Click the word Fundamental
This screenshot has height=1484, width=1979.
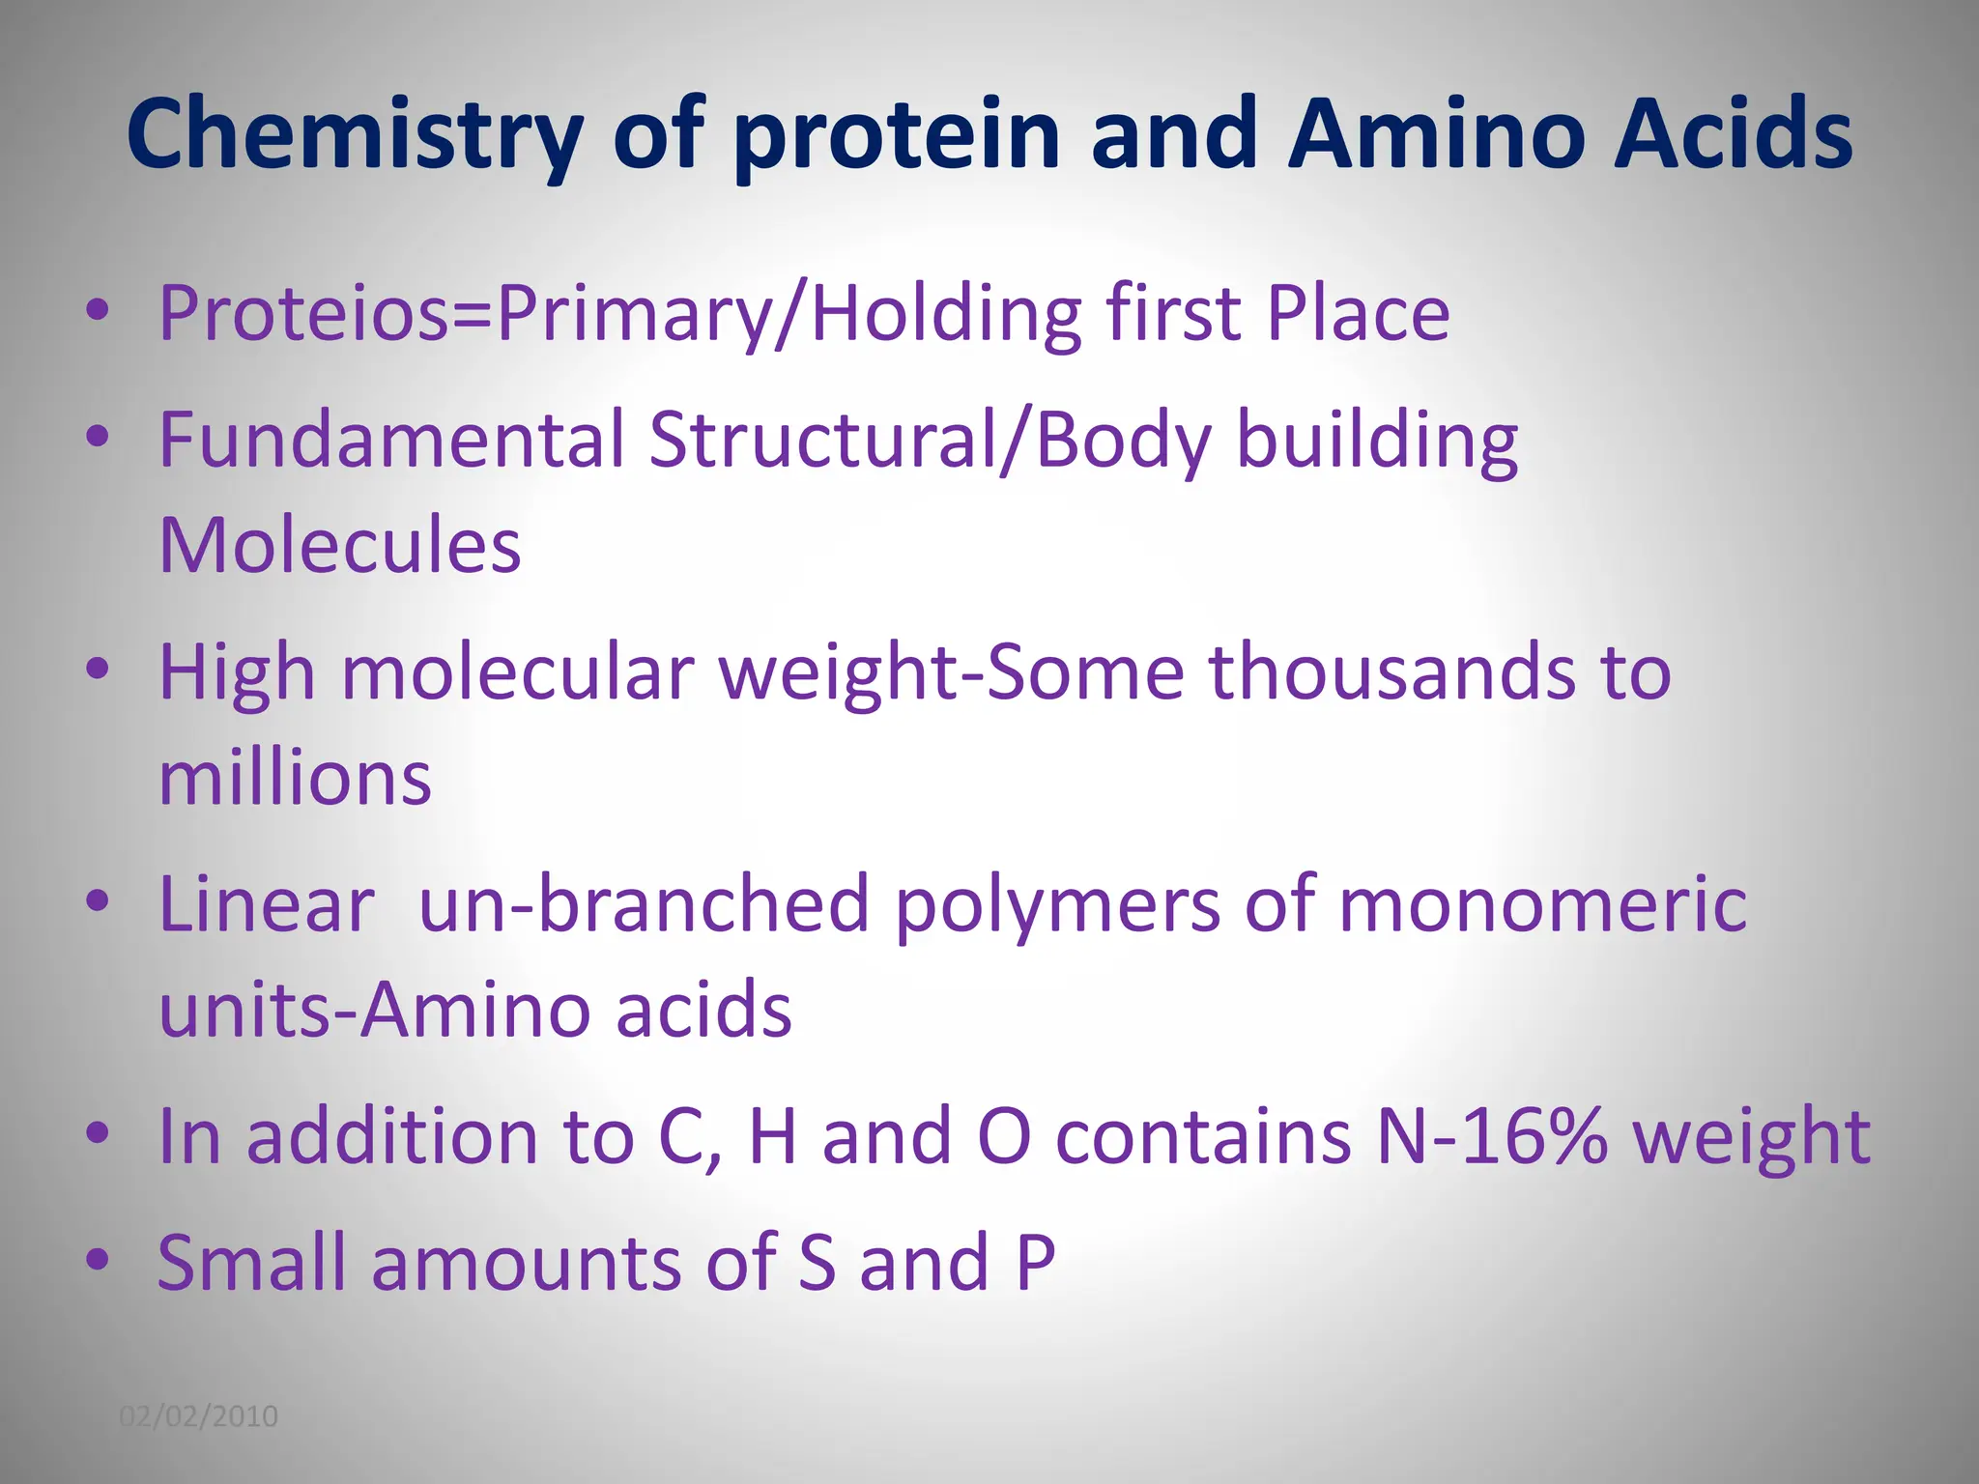click(391, 440)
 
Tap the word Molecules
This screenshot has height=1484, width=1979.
click(339, 546)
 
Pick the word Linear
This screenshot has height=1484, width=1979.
click(267, 905)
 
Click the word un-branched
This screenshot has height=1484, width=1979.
click(644, 905)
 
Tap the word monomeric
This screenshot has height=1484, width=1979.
click(1543, 905)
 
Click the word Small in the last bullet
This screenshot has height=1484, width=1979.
click(251, 1262)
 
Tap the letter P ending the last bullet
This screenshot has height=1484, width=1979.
click(1035, 1262)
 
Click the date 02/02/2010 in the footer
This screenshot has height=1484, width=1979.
click(198, 1416)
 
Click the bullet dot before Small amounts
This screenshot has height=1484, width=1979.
click(97, 1259)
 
